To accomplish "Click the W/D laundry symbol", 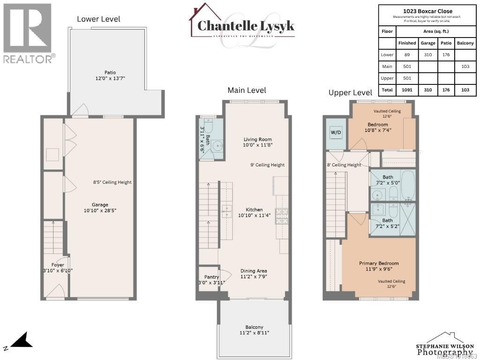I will (336, 132).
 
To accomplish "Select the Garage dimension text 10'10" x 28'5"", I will (100, 211).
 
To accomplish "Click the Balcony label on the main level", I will (254, 327).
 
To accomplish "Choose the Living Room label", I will (257, 139).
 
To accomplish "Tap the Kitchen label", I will (254, 210).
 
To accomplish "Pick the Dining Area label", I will (254, 271).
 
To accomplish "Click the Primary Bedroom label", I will (379, 263).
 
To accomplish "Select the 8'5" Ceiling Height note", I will (112, 182).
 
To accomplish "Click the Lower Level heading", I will (98, 19).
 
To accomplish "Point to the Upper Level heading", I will (350, 93).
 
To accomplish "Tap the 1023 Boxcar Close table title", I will (427, 11).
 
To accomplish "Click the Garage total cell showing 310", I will (427, 90).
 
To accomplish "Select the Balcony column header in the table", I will (465, 43).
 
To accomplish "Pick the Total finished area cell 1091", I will (407, 90).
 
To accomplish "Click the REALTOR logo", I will (28, 33).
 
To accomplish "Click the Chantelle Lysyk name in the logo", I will (246, 26).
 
